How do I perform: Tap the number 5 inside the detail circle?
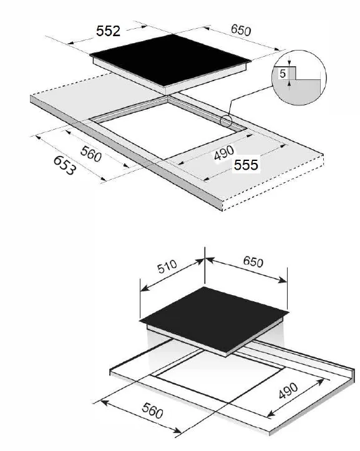[x=283, y=74]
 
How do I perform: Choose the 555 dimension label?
[x=246, y=164]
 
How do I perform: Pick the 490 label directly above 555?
[x=223, y=152]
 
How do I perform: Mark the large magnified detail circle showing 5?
[x=299, y=77]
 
